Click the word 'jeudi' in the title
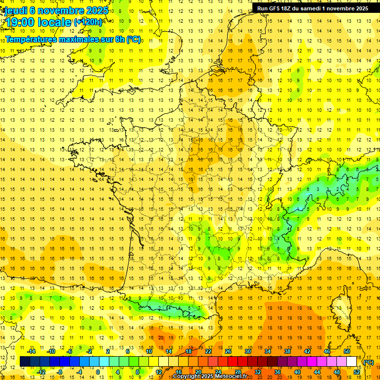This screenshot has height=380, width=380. [x=15, y=10]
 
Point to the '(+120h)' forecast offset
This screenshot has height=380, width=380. [x=88, y=22]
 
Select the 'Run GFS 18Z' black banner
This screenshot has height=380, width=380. [x=312, y=8]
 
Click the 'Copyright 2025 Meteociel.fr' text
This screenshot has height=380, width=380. [x=210, y=377]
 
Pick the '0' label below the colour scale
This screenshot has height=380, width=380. [x=97, y=372]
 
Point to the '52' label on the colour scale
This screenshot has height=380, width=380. [x=357, y=372]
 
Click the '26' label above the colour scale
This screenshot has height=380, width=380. [x=228, y=351]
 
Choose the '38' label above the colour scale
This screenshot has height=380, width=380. [x=287, y=351]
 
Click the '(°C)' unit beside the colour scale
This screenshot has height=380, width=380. [x=369, y=362]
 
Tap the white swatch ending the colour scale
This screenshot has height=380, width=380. [x=352, y=362]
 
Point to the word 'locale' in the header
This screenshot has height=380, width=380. [x=54, y=22]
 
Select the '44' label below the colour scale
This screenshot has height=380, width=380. [x=317, y=372]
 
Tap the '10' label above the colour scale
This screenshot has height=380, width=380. [x=149, y=351]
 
